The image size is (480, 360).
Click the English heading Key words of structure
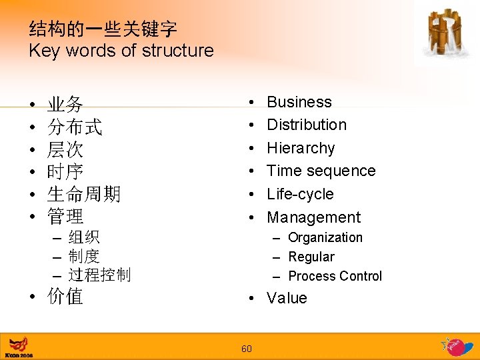(x=121, y=51)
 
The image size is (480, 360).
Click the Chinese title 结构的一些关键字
(x=103, y=29)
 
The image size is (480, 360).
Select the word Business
(x=299, y=102)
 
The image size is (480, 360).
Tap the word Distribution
(x=307, y=125)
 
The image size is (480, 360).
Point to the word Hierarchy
(x=301, y=148)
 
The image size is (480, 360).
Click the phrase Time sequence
(x=321, y=171)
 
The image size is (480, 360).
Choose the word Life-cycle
(x=300, y=194)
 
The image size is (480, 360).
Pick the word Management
(x=313, y=217)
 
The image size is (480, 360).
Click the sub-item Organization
(x=325, y=237)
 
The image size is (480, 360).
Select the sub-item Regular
(x=311, y=257)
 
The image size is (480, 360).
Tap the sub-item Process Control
(x=335, y=276)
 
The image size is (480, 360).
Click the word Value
(x=287, y=298)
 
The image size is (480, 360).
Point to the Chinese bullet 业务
(x=65, y=104)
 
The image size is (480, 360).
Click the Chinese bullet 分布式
(x=74, y=127)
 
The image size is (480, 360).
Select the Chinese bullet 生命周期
(x=83, y=194)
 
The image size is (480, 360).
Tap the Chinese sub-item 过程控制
(x=99, y=275)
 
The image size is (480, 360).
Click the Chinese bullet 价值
(x=65, y=297)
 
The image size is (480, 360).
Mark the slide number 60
(x=246, y=349)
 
